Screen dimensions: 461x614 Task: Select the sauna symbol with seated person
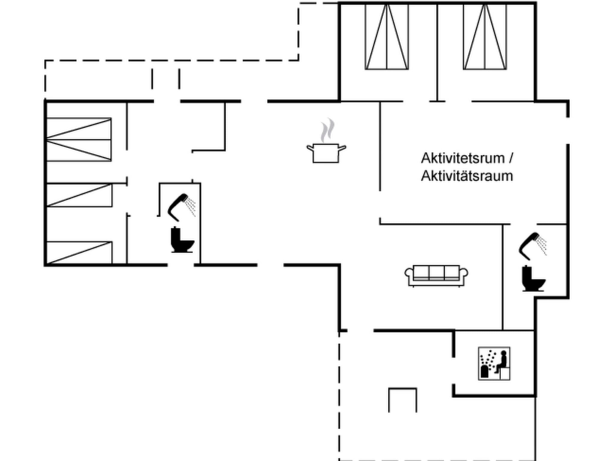pyautogui.click(x=494, y=363)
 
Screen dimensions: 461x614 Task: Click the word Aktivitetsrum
pyautogui.click(x=463, y=158)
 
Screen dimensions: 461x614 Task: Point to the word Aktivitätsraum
pyautogui.click(x=467, y=176)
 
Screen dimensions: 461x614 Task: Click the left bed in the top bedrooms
pyautogui.click(x=386, y=37)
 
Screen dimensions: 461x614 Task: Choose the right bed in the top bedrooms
pyautogui.click(x=485, y=37)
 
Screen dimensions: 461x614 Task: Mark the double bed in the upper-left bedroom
pyautogui.click(x=79, y=140)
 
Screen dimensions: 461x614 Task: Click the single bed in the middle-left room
pyautogui.click(x=79, y=195)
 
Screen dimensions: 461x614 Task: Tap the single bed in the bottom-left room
pyautogui.click(x=79, y=253)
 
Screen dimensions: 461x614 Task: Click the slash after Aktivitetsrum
pyautogui.click(x=511, y=158)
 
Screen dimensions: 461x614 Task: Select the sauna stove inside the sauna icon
pyautogui.click(x=484, y=371)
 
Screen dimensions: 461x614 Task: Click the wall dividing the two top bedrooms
pyautogui.click(x=437, y=51)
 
